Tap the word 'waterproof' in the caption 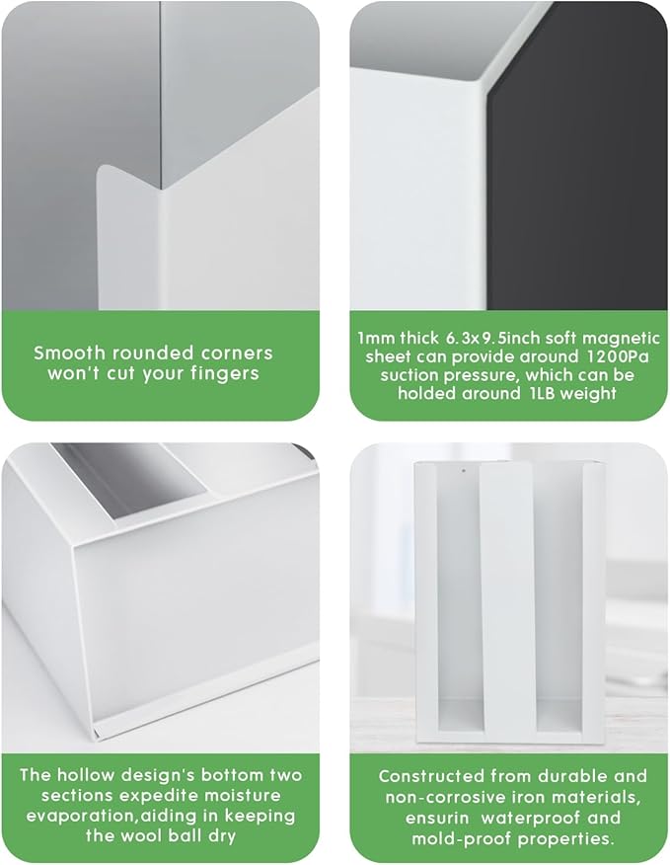pyautogui.click(x=531, y=819)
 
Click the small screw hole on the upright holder pyautogui.click(x=463, y=471)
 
